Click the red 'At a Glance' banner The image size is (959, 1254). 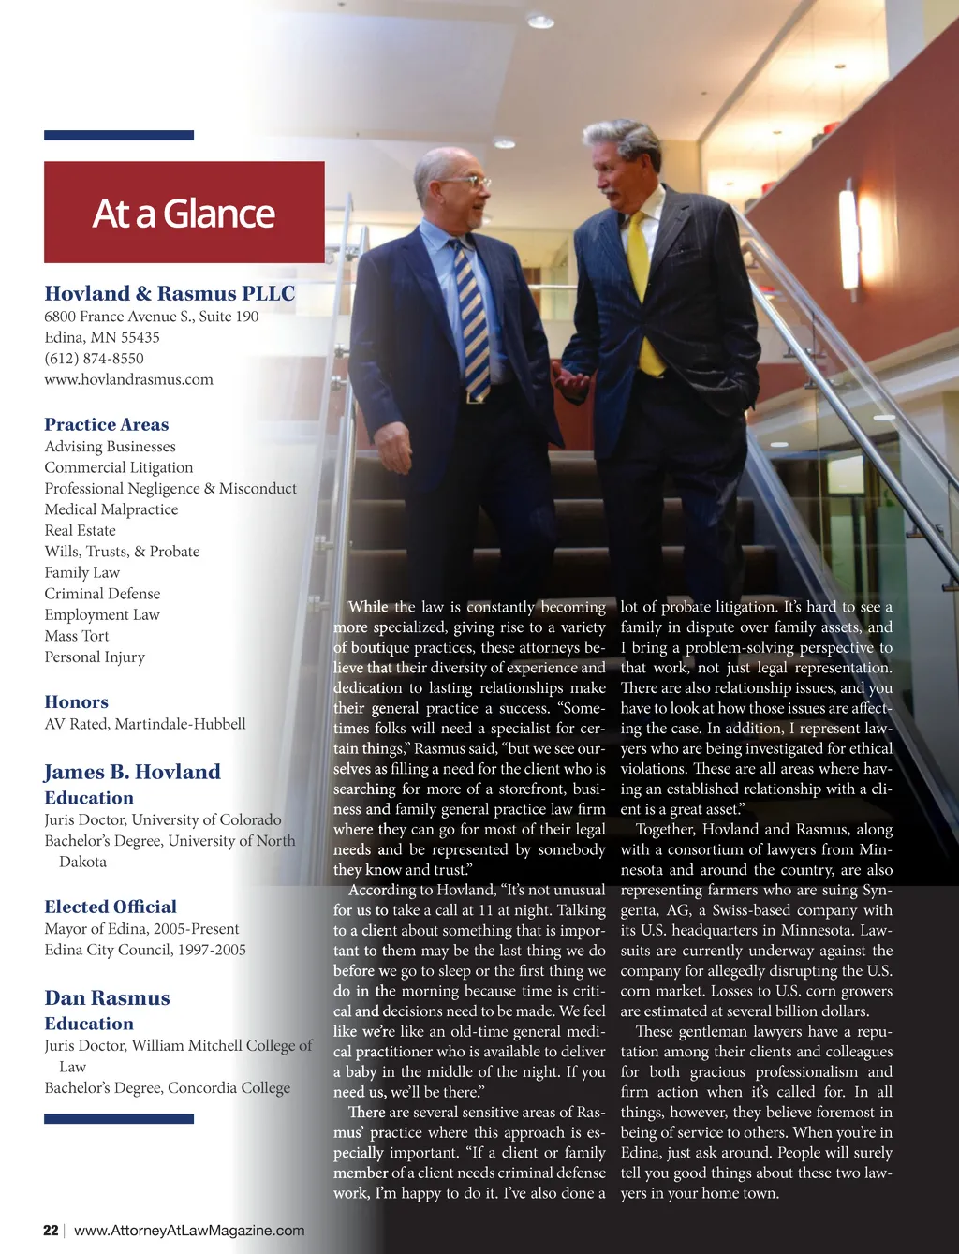184,213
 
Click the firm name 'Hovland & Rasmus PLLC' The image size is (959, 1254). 170,293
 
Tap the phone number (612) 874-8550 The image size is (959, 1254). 94,358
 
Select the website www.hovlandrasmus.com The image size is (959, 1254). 128,379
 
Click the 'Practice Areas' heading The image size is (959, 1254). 107,424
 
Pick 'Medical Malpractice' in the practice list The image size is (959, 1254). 111,509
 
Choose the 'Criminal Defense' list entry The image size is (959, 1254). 102,594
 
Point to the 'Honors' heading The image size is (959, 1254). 76,701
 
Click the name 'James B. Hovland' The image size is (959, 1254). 132,772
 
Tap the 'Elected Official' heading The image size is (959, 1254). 111,907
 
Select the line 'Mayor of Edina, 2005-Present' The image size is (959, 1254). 141,929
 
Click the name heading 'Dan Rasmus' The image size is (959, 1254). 107,997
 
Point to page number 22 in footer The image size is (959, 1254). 51,1230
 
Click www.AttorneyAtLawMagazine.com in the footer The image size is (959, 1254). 189,1230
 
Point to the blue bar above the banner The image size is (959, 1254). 119,136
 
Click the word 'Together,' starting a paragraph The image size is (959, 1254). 665,829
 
